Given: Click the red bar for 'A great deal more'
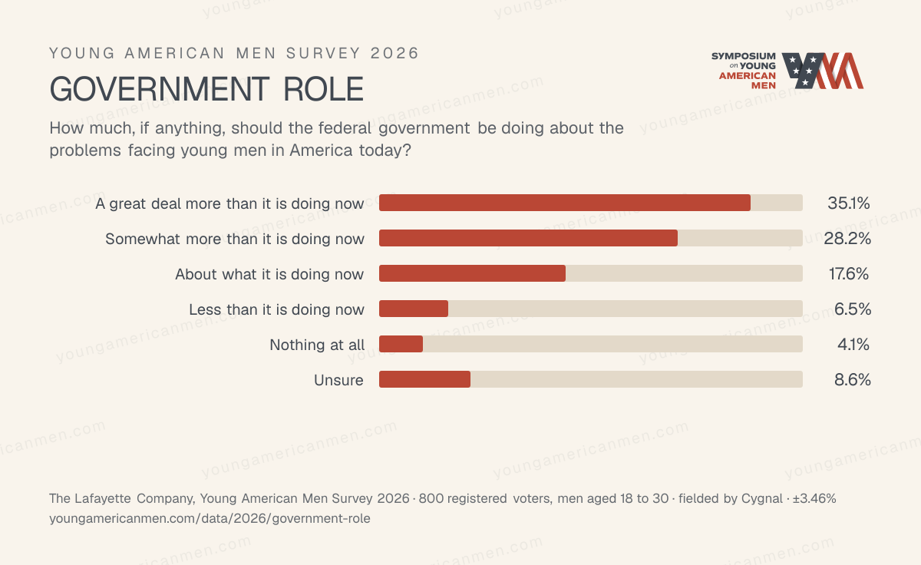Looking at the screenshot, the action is click(565, 203).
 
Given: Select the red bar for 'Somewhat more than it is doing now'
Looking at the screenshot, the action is click(528, 238).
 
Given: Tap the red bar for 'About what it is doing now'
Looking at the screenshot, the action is click(472, 273).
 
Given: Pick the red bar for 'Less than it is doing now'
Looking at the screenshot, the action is click(414, 309).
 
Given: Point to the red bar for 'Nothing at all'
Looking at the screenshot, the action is click(401, 344).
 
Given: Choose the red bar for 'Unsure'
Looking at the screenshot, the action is click(424, 379).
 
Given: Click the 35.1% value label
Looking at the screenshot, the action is click(849, 203).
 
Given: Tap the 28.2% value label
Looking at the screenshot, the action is click(847, 239).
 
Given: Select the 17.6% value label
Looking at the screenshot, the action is click(849, 274).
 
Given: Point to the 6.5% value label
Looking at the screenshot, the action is click(853, 309).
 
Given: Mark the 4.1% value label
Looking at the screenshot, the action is click(853, 344).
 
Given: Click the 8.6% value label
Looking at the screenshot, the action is click(853, 379).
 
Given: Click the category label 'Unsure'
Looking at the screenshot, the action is click(338, 380).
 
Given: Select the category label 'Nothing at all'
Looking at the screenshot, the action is click(316, 345).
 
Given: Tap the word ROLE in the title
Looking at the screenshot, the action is click(324, 89).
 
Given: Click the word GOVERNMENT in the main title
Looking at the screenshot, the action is click(160, 89).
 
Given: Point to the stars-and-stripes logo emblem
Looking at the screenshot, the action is click(822, 71).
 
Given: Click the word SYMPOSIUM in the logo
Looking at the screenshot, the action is click(744, 56).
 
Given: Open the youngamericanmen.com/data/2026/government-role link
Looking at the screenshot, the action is click(210, 518).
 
